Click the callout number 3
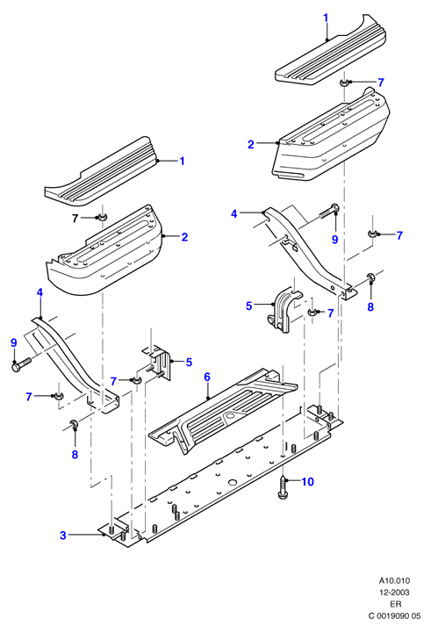(63, 536)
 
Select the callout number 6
(207, 377)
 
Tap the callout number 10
(307, 482)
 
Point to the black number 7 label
(75, 219)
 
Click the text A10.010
(394, 580)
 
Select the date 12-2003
(394, 593)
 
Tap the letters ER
(396, 604)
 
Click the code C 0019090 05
(394, 615)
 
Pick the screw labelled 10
(284, 486)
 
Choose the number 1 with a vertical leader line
(326, 18)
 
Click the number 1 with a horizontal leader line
(182, 161)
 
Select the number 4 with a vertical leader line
(40, 292)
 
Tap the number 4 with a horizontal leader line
(234, 213)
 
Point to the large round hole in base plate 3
(232, 482)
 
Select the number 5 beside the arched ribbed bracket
(249, 306)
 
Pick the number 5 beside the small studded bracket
(189, 362)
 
